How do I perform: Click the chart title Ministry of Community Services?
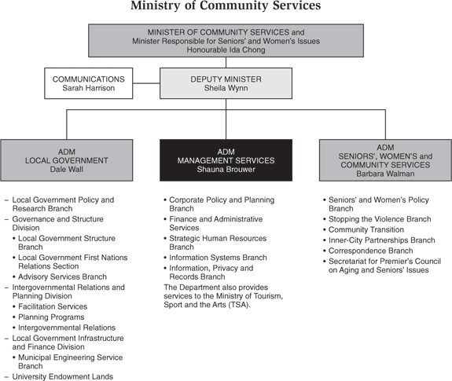[x=226, y=5]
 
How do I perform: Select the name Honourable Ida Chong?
[x=226, y=49]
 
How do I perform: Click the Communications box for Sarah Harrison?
[x=89, y=83]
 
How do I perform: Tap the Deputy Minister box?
[x=226, y=83]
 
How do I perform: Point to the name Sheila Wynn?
[x=226, y=88]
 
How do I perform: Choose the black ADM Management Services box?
[x=226, y=160]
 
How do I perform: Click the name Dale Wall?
[x=67, y=169]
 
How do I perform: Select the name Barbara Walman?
[x=385, y=174]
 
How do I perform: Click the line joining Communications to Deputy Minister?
[x=146, y=83]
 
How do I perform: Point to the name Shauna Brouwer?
[x=226, y=169]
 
